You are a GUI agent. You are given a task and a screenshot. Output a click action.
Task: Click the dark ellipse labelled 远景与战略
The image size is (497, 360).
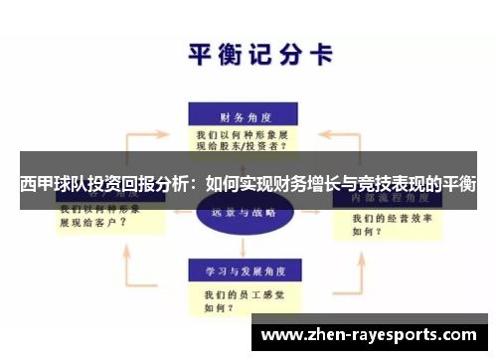(x=243, y=212)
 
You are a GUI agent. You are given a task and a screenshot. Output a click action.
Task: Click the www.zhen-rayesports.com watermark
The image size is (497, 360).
(x=368, y=335)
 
